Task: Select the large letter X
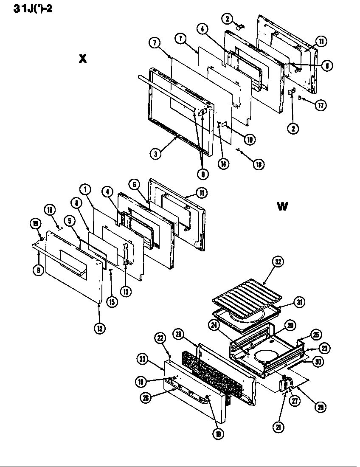(x=82, y=59)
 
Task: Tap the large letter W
(x=282, y=206)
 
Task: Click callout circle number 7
(x=155, y=42)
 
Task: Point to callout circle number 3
(x=156, y=154)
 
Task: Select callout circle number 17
(x=321, y=105)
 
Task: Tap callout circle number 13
(x=127, y=292)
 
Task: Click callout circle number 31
(x=301, y=302)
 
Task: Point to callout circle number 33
(x=143, y=359)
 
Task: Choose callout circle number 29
(x=320, y=407)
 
